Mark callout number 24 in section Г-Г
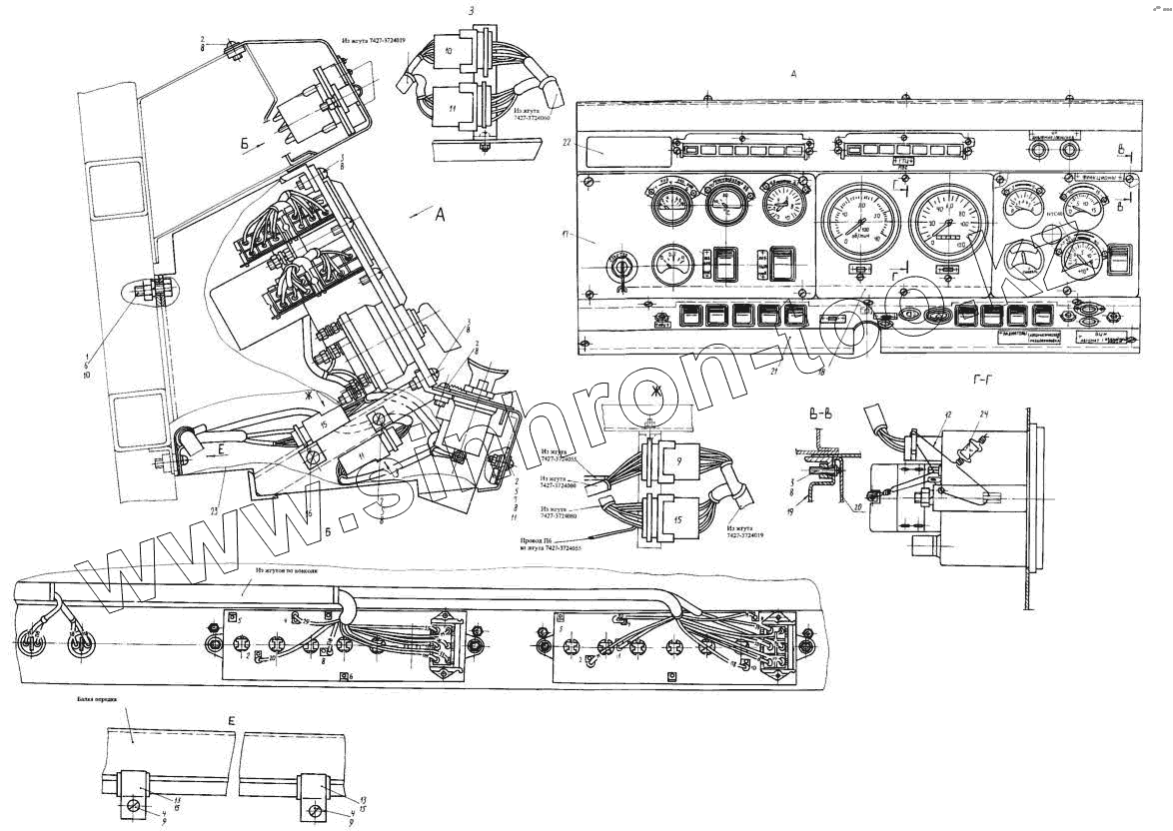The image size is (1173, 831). coord(984,415)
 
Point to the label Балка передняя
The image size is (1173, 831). coord(96,701)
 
